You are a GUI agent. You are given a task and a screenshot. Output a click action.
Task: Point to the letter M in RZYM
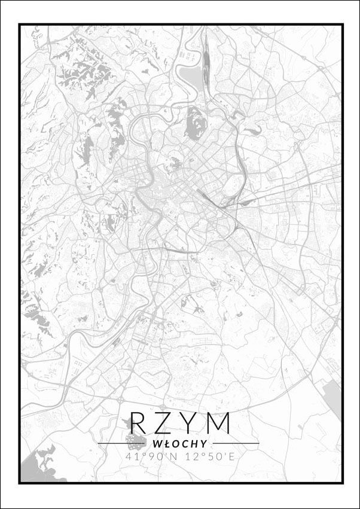pos(220,423)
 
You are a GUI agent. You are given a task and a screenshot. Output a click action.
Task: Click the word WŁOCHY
pos(179,444)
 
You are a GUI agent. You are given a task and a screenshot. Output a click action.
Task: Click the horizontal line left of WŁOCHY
pos(123,444)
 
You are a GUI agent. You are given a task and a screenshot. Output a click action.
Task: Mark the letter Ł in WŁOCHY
pos(164,444)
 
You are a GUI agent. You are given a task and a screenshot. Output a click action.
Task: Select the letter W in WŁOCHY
pos(157,444)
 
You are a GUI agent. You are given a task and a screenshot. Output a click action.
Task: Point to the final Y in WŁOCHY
pos(204,444)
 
